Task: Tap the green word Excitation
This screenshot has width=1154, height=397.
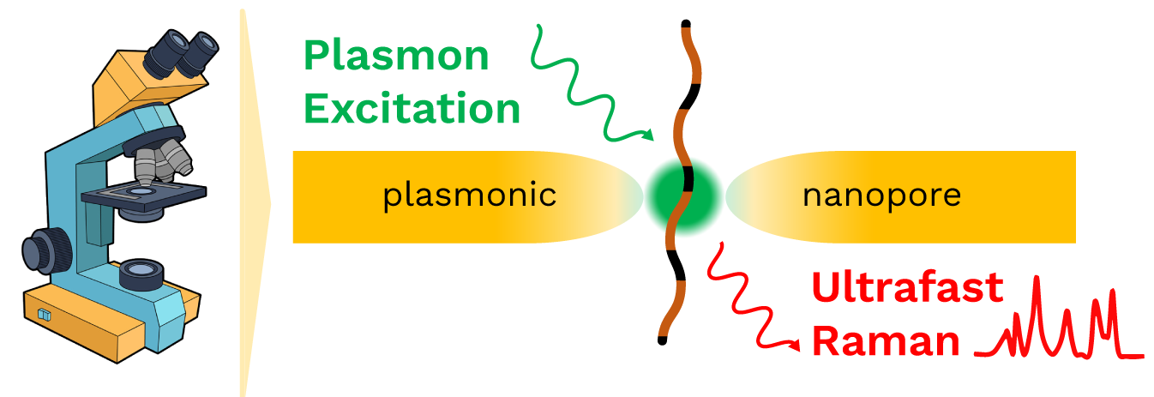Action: pos(412,110)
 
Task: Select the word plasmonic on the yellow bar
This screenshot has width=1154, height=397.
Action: pos(470,196)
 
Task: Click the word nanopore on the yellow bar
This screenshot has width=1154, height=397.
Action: pos(881,196)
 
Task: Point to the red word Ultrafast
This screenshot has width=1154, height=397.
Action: pos(907,289)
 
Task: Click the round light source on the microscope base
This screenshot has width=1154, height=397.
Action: pos(141,274)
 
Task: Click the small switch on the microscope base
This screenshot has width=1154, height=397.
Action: pos(45,316)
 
